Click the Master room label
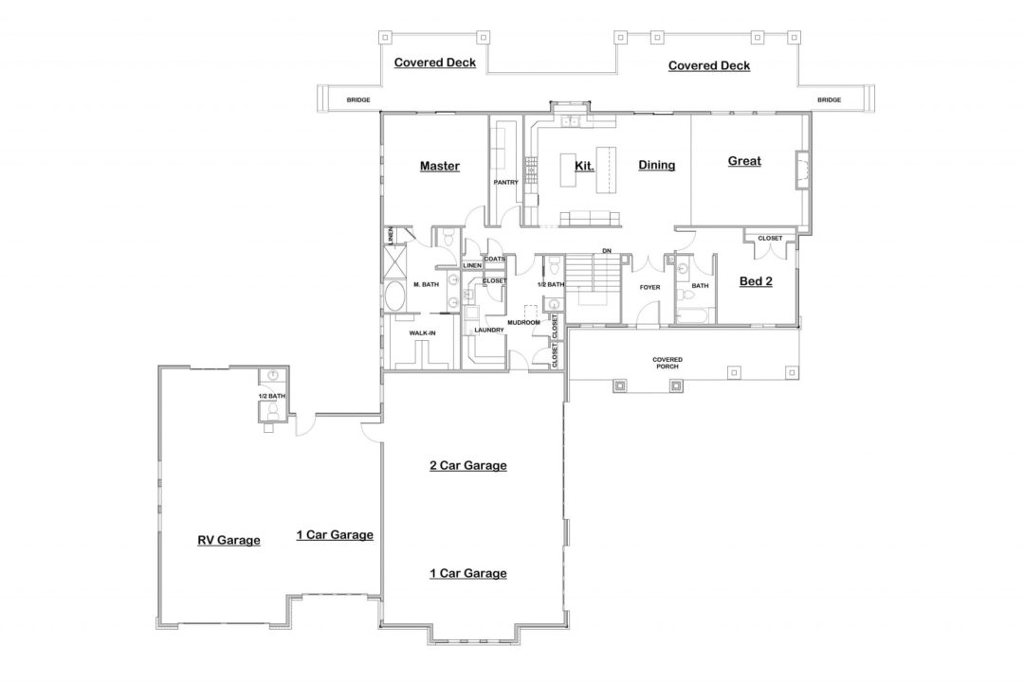(x=439, y=167)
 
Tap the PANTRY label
(x=503, y=183)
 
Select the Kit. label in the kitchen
(x=584, y=166)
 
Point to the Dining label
(x=656, y=166)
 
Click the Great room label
(x=743, y=162)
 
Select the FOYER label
(x=649, y=286)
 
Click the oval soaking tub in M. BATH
(x=394, y=299)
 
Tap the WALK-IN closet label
(x=422, y=333)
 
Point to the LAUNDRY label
(x=488, y=330)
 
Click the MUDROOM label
(x=522, y=323)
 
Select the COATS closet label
(x=494, y=259)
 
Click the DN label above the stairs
(x=606, y=251)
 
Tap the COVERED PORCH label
(x=667, y=363)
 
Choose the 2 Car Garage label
(x=467, y=466)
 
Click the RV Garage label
(x=229, y=541)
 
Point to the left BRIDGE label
(x=357, y=99)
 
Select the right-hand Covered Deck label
(x=708, y=66)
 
